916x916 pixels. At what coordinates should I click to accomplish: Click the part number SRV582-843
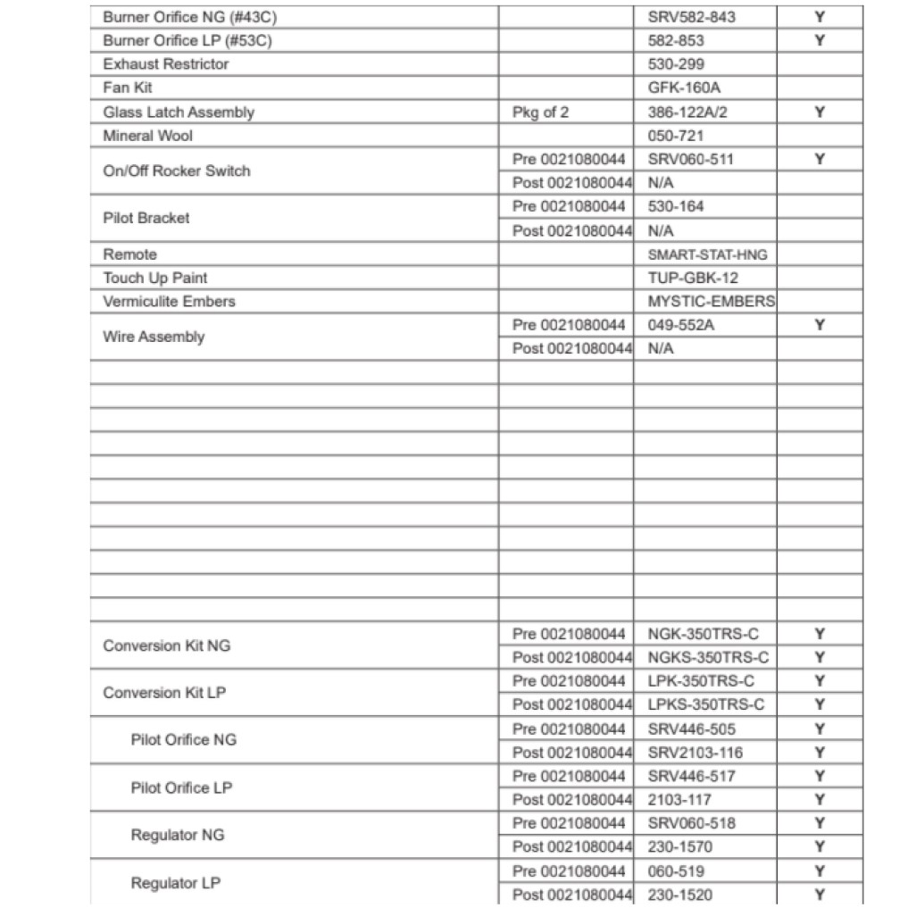692,17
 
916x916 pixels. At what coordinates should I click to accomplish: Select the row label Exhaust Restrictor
166,64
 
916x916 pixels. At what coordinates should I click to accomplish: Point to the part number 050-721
676,136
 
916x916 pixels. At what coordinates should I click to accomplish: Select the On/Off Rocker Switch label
177,171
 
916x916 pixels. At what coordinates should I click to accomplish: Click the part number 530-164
676,206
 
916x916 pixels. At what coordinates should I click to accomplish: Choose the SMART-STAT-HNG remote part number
707,254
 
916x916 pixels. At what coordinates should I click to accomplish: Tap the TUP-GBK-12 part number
693,278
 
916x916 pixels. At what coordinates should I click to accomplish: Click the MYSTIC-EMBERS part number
712,302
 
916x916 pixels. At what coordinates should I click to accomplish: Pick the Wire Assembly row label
154,337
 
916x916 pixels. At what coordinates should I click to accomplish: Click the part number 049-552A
681,325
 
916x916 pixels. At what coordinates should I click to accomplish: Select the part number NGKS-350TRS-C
708,658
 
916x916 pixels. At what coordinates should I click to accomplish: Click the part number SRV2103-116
695,753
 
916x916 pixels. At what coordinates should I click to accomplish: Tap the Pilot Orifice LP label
183,787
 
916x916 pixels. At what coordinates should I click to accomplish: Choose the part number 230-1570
680,846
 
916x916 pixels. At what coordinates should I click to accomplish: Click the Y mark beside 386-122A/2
819,112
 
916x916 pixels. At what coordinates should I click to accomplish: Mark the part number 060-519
676,870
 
